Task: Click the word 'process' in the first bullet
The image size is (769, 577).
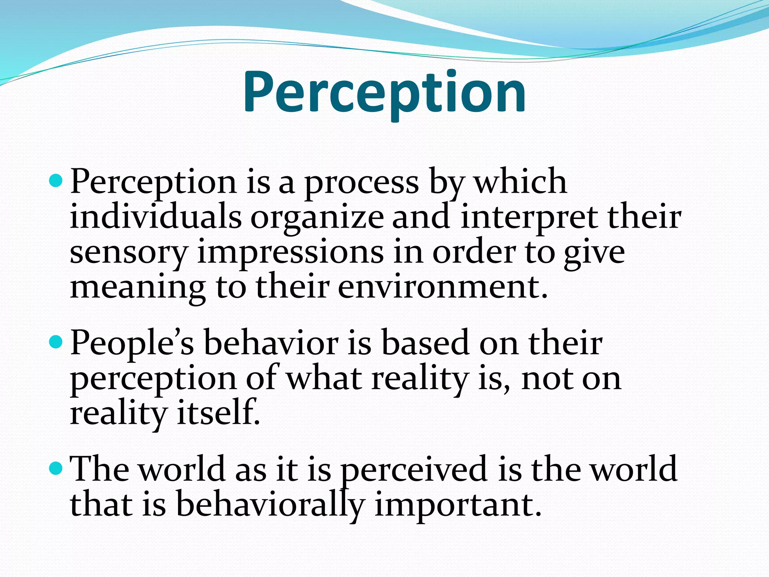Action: point(361,183)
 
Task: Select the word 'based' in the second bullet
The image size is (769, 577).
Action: point(425,343)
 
